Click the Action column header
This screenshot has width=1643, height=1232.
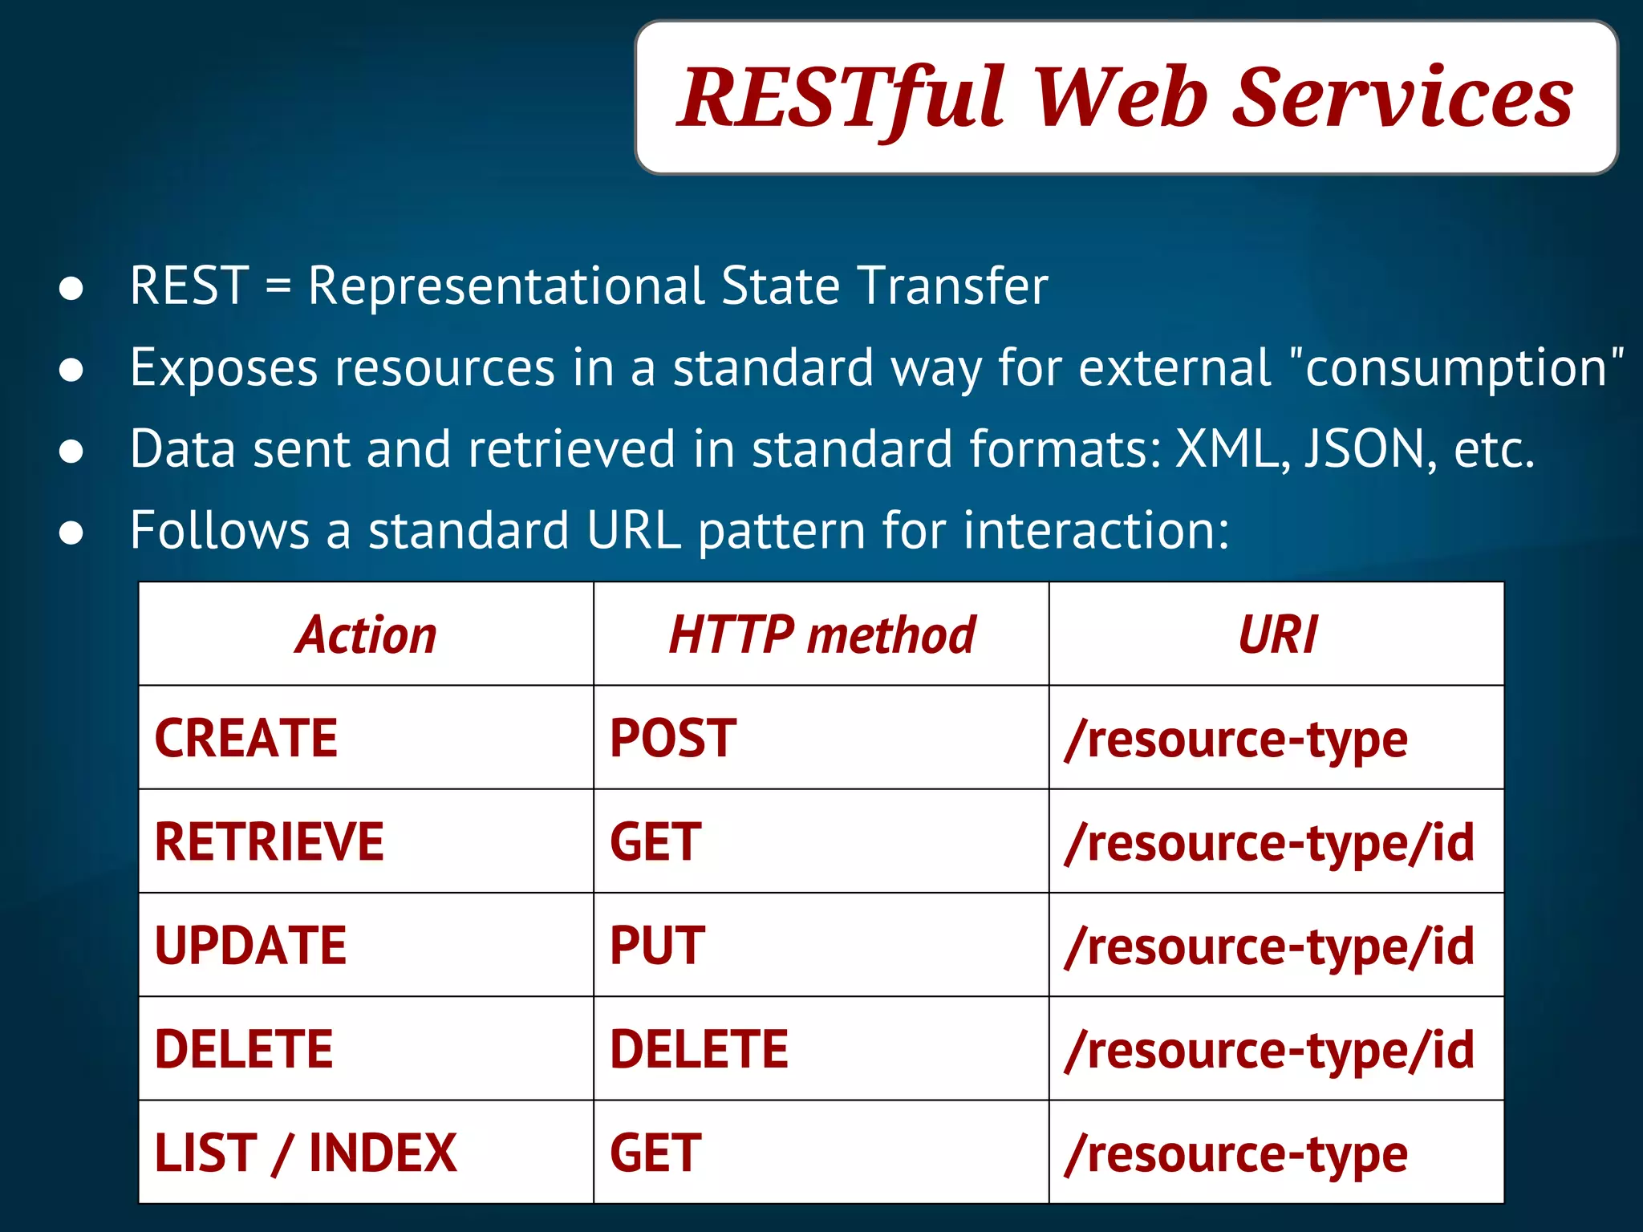click(x=366, y=635)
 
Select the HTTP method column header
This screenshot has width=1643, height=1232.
click(x=821, y=635)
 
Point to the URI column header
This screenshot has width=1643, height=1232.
click(x=1277, y=635)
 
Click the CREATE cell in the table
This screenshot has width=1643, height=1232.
click(x=246, y=739)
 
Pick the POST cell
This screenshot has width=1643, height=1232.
click(x=673, y=739)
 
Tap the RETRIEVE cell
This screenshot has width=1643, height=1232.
click(x=270, y=842)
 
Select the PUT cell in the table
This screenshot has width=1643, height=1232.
click(x=658, y=946)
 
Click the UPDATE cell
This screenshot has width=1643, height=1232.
click(x=250, y=946)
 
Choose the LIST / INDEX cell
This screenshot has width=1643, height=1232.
click(x=306, y=1153)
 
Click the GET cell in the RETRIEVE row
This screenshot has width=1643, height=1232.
click(x=655, y=842)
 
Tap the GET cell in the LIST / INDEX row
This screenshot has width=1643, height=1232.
click(x=655, y=1153)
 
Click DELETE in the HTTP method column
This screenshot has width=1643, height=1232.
click(x=699, y=1049)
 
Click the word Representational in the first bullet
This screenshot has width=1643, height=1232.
click(x=506, y=286)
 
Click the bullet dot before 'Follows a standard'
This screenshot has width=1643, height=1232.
click(x=71, y=533)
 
